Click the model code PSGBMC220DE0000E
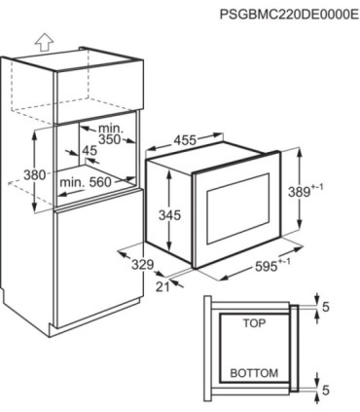pyautogui.click(x=290, y=15)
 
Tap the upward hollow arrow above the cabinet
pyautogui.click(x=44, y=43)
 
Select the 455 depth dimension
pyautogui.click(x=185, y=140)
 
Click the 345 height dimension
pyautogui.click(x=169, y=214)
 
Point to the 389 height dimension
pyautogui.click(x=300, y=192)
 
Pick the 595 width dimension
pyautogui.click(x=266, y=266)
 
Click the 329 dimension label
pyautogui.click(x=143, y=265)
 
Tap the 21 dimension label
pyautogui.click(x=162, y=286)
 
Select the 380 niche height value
pyautogui.click(x=35, y=175)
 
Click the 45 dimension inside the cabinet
pyautogui.click(x=90, y=151)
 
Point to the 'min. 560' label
pyautogui.click(x=86, y=182)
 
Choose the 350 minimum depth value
pyautogui.click(x=110, y=139)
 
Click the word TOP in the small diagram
pyautogui.click(x=254, y=323)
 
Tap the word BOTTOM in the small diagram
pyautogui.click(x=254, y=373)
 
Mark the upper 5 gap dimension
pyautogui.click(x=326, y=307)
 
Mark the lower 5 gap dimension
pyautogui.click(x=326, y=390)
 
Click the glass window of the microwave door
pyautogui.click(x=238, y=208)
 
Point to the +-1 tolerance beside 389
pyautogui.click(x=317, y=188)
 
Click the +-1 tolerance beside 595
pyautogui.click(x=284, y=262)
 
